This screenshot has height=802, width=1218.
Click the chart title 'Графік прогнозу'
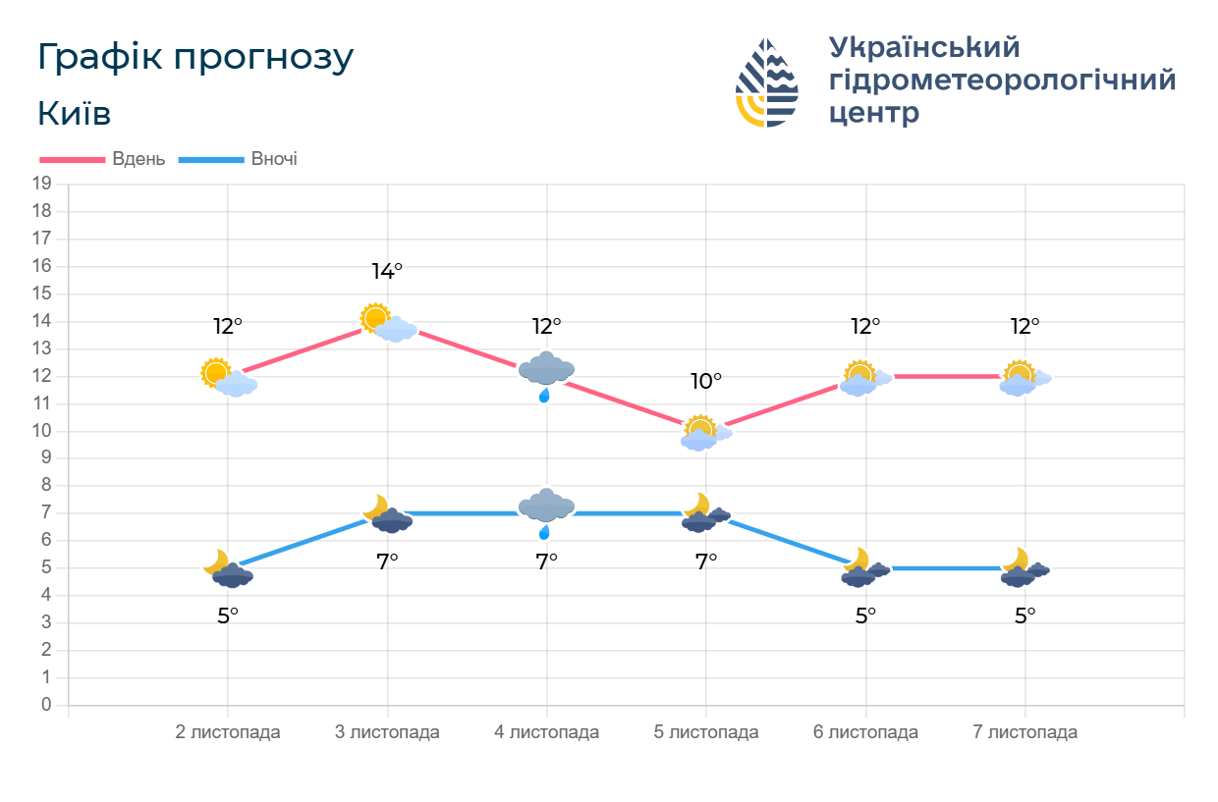[194, 58]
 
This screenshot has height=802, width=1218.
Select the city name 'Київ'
[74, 114]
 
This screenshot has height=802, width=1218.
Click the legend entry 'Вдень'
[138, 159]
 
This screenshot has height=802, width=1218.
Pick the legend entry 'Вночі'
[274, 159]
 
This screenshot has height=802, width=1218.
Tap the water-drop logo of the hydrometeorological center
[767, 83]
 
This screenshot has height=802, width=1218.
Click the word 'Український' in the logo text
[924, 47]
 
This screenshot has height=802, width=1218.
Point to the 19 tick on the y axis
[41, 184]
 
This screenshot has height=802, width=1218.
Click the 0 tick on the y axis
[46, 705]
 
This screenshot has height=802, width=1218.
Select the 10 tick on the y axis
[41, 431]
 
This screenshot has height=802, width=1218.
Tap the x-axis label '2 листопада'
[228, 732]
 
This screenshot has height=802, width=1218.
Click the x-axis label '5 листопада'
[706, 732]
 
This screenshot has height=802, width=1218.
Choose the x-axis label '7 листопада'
[1024, 732]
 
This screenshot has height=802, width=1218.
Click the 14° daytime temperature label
[387, 272]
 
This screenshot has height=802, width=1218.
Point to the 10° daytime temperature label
[706, 381]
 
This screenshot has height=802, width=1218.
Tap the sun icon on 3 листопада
[375, 317]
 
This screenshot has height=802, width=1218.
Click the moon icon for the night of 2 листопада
[216, 561]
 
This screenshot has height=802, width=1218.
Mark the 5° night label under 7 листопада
[1024, 615]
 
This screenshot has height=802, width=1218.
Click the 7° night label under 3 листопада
[387, 561]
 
